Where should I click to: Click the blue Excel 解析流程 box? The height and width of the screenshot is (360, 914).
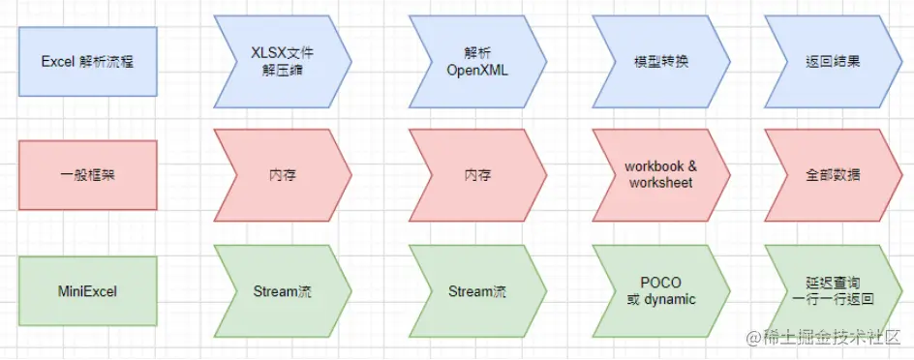[x=88, y=61]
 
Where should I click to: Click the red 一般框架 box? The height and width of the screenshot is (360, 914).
[x=88, y=175]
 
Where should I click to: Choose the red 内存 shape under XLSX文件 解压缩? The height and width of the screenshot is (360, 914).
[x=282, y=175]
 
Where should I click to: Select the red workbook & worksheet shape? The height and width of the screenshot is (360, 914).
[x=659, y=175]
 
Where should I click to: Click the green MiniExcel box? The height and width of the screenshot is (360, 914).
[x=88, y=290]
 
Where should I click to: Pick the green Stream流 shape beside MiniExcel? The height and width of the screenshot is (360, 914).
[x=282, y=290]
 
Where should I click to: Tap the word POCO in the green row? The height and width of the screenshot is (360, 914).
[x=661, y=282]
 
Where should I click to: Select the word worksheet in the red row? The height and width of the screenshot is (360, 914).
[x=661, y=183]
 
